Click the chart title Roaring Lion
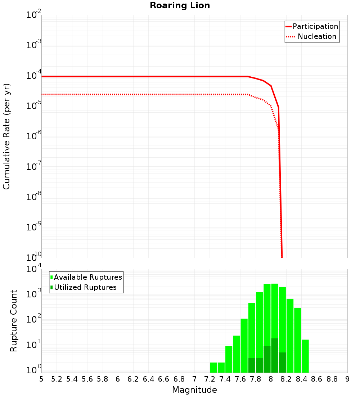coord(180,6)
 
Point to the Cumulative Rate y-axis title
coord(7,136)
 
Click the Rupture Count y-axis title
coord(14,321)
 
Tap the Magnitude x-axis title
coord(194,390)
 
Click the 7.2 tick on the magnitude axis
coord(210,379)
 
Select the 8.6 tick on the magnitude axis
coord(317,379)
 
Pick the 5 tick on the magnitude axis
coord(41,379)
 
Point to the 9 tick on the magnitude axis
coord(347,379)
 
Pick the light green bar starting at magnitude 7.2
coord(213,368)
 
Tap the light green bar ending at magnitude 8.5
coord(305,356)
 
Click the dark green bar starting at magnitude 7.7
coord(252,365)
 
